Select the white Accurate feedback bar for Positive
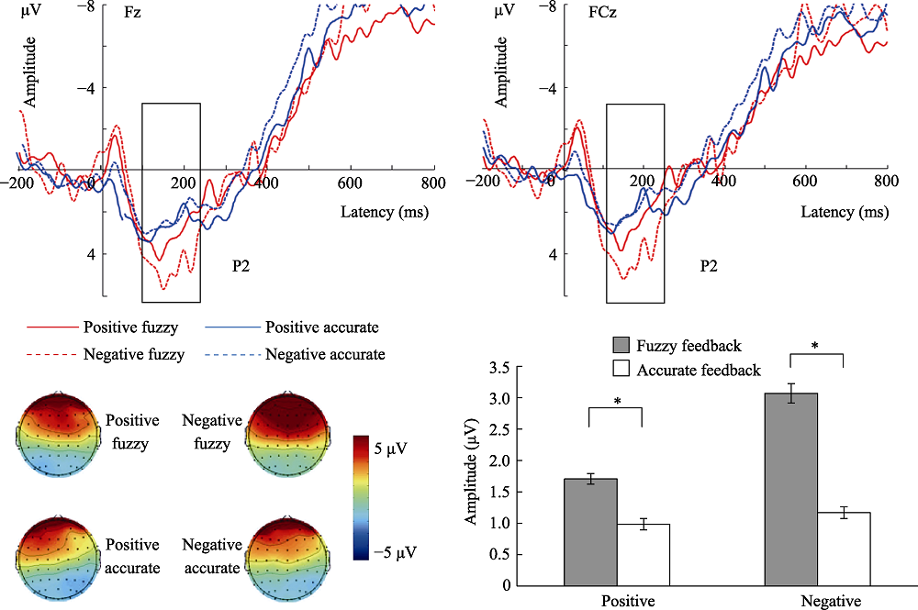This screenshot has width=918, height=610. [643, 554]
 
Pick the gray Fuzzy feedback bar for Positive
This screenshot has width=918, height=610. [590, 531]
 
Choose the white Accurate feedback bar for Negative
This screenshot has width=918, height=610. [844, 548]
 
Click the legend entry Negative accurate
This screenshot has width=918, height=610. [325, 354]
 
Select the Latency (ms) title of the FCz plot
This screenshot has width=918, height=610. [845, 213]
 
